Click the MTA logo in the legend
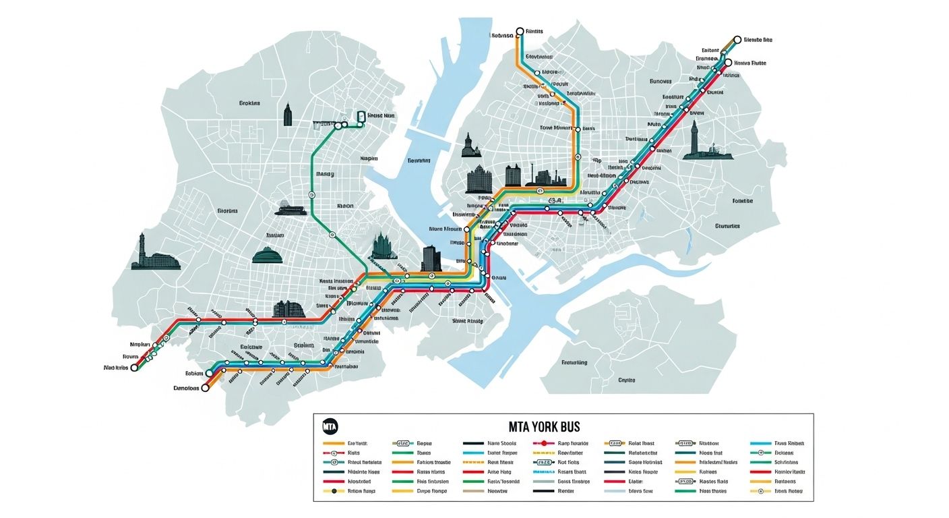tap(330, 427)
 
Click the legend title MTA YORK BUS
tap(544, 427)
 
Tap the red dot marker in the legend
tap(544, 443)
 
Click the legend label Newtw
tap(497, 492)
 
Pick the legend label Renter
tap(565, 492)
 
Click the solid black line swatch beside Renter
tap(543, 492)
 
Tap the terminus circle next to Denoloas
tap(206, 388)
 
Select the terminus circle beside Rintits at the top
tap(520, 32)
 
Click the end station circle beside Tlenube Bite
tap(737, 40)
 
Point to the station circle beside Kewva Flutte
tap(727, 63)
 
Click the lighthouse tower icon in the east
tap(694, 138)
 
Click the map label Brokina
tap(249, 104)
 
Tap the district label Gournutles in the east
tap(727, 226)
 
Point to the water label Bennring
tap(419, 161)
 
